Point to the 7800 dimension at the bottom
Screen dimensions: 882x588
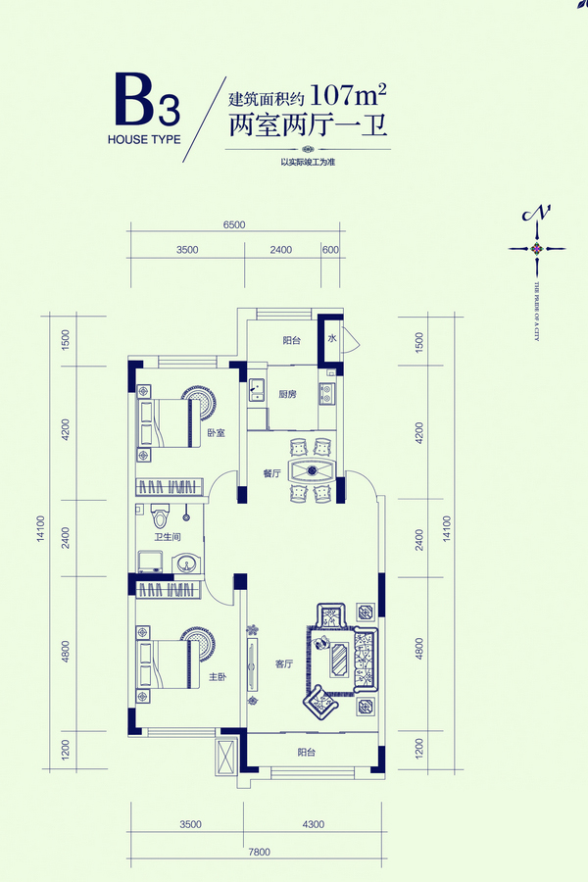[x=260, y=852]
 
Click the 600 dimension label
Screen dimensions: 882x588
[x=329, y=250]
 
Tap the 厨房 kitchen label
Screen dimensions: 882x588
[x=287, y=395]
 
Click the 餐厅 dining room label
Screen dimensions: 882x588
[x=271, y=473]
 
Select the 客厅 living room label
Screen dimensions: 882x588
[x=284, y=663]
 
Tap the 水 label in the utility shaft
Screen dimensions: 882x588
[x=332, y=339]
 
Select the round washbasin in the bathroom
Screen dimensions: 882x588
[x=186, y=563]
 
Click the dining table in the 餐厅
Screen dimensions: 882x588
[x=313, y=470]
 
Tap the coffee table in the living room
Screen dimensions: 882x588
[x=339, y=658]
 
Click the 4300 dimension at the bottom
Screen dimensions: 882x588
[x=313, y=825]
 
